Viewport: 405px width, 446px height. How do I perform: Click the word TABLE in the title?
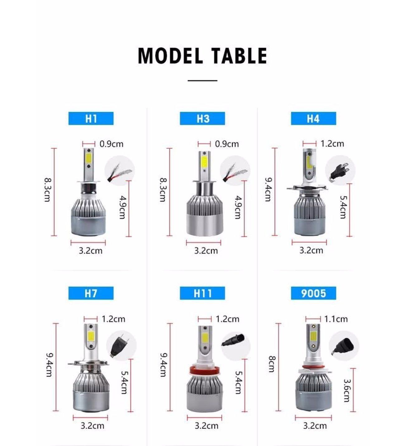tap(239, 56)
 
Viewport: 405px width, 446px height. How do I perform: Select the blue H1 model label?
tap(91, 119)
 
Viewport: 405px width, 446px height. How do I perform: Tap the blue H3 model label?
tap(202, 119)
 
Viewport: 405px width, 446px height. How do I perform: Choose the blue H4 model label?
tap(313, 119)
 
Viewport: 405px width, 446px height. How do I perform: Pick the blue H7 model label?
tap(91, 293)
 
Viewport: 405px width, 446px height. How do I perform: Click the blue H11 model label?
tap(202, 293)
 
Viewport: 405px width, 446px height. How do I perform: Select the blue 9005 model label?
tap(313, 293)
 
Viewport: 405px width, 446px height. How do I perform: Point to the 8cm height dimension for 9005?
tap(272, 364)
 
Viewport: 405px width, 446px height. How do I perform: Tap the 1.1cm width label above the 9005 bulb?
tap(336, 319)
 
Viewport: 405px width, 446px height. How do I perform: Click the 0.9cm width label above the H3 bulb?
tap(227, 144)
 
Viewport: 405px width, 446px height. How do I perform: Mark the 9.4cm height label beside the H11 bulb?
tap(164, 364)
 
